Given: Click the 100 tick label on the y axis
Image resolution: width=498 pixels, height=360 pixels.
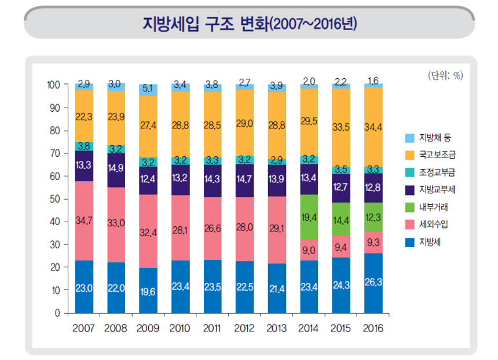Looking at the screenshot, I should pyautogui.click(x=53, y=85).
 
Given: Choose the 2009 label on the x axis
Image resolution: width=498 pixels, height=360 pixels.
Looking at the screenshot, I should pyautogui.click(x=148, y=329).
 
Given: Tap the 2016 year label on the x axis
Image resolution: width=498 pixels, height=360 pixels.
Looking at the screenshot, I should pyautogui.click(x=373, y=329).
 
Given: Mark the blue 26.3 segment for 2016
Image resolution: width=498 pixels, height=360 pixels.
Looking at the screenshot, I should pyautogui.click(x=373, y=283).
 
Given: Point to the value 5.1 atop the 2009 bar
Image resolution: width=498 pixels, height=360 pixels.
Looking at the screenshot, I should pyautogui.click(x=148, y=89).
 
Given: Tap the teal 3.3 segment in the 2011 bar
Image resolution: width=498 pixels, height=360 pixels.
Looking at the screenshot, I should pyautogui.click(x=213, y=160).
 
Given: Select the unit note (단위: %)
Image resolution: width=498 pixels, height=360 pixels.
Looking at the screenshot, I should pyautogui.click(x=445, y=75).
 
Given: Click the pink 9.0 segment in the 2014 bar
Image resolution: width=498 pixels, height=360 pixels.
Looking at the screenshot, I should pyautogui.click(x=309, y=249).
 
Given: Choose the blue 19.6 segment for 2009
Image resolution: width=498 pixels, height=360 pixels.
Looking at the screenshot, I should pyautogui.click(x=148, y=291).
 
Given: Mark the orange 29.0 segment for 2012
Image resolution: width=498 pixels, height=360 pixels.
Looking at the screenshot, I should pyautogui.click(x=245, y=123).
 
